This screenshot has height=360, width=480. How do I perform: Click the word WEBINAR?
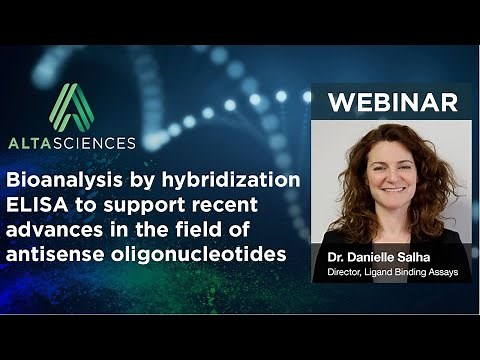point(392,102)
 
